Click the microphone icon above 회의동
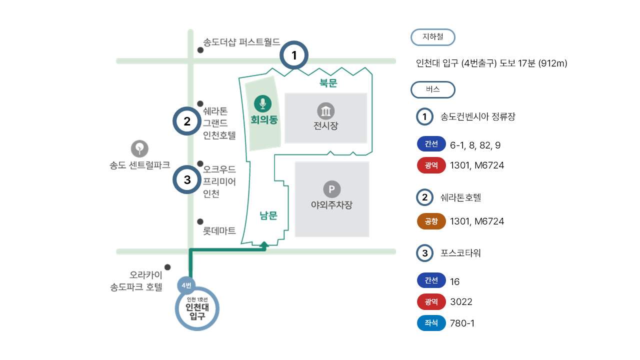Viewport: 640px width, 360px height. point(262,103)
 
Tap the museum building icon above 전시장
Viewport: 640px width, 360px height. point(325,111)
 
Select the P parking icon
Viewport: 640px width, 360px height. point(331,189)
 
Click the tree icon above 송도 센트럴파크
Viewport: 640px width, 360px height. point(139,148)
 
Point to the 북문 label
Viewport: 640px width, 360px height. point(328,83)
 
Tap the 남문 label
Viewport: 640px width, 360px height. point(268,215)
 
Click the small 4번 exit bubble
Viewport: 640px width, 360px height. point(186,285)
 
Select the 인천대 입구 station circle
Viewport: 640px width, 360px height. point(197,308)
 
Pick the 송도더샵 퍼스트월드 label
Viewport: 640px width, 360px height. point(241,42)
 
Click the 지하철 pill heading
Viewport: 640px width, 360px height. point(432,37)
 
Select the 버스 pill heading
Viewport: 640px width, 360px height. point(432,90)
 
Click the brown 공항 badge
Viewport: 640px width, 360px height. point(431,221)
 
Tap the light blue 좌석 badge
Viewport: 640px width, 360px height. point(431,323)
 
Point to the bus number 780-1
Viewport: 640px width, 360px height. point(462,323)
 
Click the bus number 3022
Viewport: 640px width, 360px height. point(461,302)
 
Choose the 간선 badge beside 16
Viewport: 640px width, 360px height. point(431,281)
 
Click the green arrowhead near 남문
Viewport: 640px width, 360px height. point(264,244)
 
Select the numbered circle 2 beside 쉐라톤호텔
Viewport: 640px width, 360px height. point(424,197)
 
